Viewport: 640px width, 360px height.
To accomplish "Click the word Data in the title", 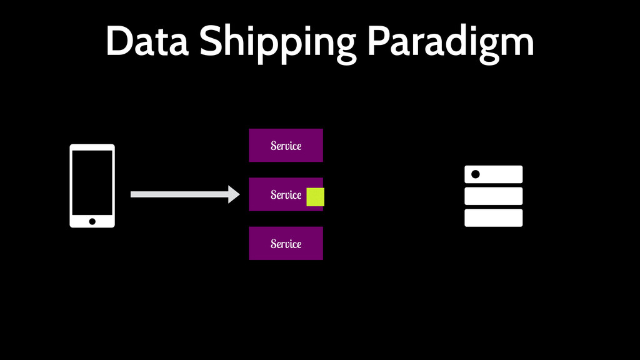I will tap(147, 42).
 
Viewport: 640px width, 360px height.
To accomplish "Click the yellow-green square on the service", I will tap(315, 196).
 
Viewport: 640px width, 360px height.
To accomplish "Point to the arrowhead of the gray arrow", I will tap(234, 194).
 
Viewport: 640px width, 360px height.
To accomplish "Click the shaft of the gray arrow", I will tap(179, 194).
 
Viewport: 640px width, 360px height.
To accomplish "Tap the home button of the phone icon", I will tap(92, 221).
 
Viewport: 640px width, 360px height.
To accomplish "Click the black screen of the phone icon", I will tap(92, 182).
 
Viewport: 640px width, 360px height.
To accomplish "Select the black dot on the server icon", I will tap(475, 174).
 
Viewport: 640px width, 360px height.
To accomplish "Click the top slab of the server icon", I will tap(500, 174).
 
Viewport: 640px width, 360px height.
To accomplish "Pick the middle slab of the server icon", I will tap(493, 196).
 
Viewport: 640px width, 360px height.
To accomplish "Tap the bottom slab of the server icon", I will tap(493, 217).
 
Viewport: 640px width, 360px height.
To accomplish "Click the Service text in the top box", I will tap(286, 146).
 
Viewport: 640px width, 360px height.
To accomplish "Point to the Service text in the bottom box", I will tap(286, 244).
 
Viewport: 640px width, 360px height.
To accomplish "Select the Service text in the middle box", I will tap(286, 195).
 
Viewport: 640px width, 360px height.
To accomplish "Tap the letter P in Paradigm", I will tap(378, 42).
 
